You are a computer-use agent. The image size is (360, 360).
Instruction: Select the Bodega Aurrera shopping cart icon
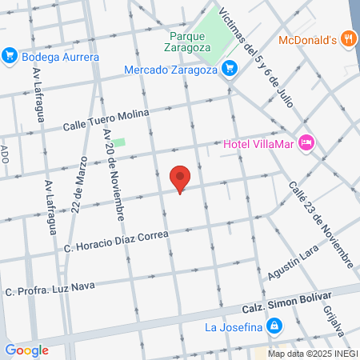10,56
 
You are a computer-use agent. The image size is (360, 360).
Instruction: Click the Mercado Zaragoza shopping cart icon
230,68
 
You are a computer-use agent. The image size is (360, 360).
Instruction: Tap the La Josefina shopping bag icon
274,326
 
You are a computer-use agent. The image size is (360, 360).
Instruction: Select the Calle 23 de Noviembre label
320,224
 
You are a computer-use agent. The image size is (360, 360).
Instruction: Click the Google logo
26,350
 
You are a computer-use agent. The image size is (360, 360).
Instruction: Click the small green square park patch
119,143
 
